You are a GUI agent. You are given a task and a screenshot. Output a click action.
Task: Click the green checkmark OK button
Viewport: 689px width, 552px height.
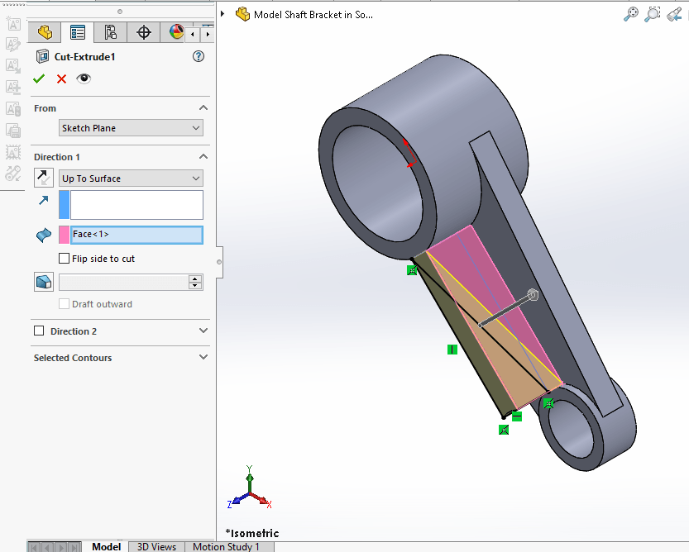coord(38,79)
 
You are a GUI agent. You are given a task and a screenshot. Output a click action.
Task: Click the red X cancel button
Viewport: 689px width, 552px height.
coord(61,79)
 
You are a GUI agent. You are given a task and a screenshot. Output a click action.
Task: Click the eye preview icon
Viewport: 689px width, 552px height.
coord(84,79)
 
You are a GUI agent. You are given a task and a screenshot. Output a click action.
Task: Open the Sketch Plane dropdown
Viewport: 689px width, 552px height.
coord(131,128)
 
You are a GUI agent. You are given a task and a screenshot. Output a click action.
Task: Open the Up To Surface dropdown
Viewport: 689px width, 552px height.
coord(131,178)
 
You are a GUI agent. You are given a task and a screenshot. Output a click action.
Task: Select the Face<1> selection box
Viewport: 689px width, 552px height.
coord(136,235)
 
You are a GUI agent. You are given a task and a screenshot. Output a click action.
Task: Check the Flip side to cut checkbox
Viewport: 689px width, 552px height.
coord(65,259)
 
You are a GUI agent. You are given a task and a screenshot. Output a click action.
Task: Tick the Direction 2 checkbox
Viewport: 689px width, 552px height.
coord(39,331)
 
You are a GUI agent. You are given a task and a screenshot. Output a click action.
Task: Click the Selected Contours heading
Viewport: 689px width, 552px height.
coord(73,358)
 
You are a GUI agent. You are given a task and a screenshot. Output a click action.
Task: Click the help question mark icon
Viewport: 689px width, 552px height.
coord(198,56)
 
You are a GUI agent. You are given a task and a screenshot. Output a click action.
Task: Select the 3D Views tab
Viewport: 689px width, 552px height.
coord(156,546)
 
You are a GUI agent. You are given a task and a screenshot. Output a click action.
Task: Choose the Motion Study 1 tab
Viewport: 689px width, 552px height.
coord(226,546)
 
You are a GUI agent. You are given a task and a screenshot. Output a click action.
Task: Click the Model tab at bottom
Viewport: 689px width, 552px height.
coord(106,546)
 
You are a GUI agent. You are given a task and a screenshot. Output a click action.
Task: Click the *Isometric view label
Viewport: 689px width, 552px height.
coord(252,533)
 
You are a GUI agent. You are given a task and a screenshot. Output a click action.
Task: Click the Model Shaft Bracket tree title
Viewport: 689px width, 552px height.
coord(313,14)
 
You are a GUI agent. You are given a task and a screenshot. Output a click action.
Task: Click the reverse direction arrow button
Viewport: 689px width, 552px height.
coord(43,178)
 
